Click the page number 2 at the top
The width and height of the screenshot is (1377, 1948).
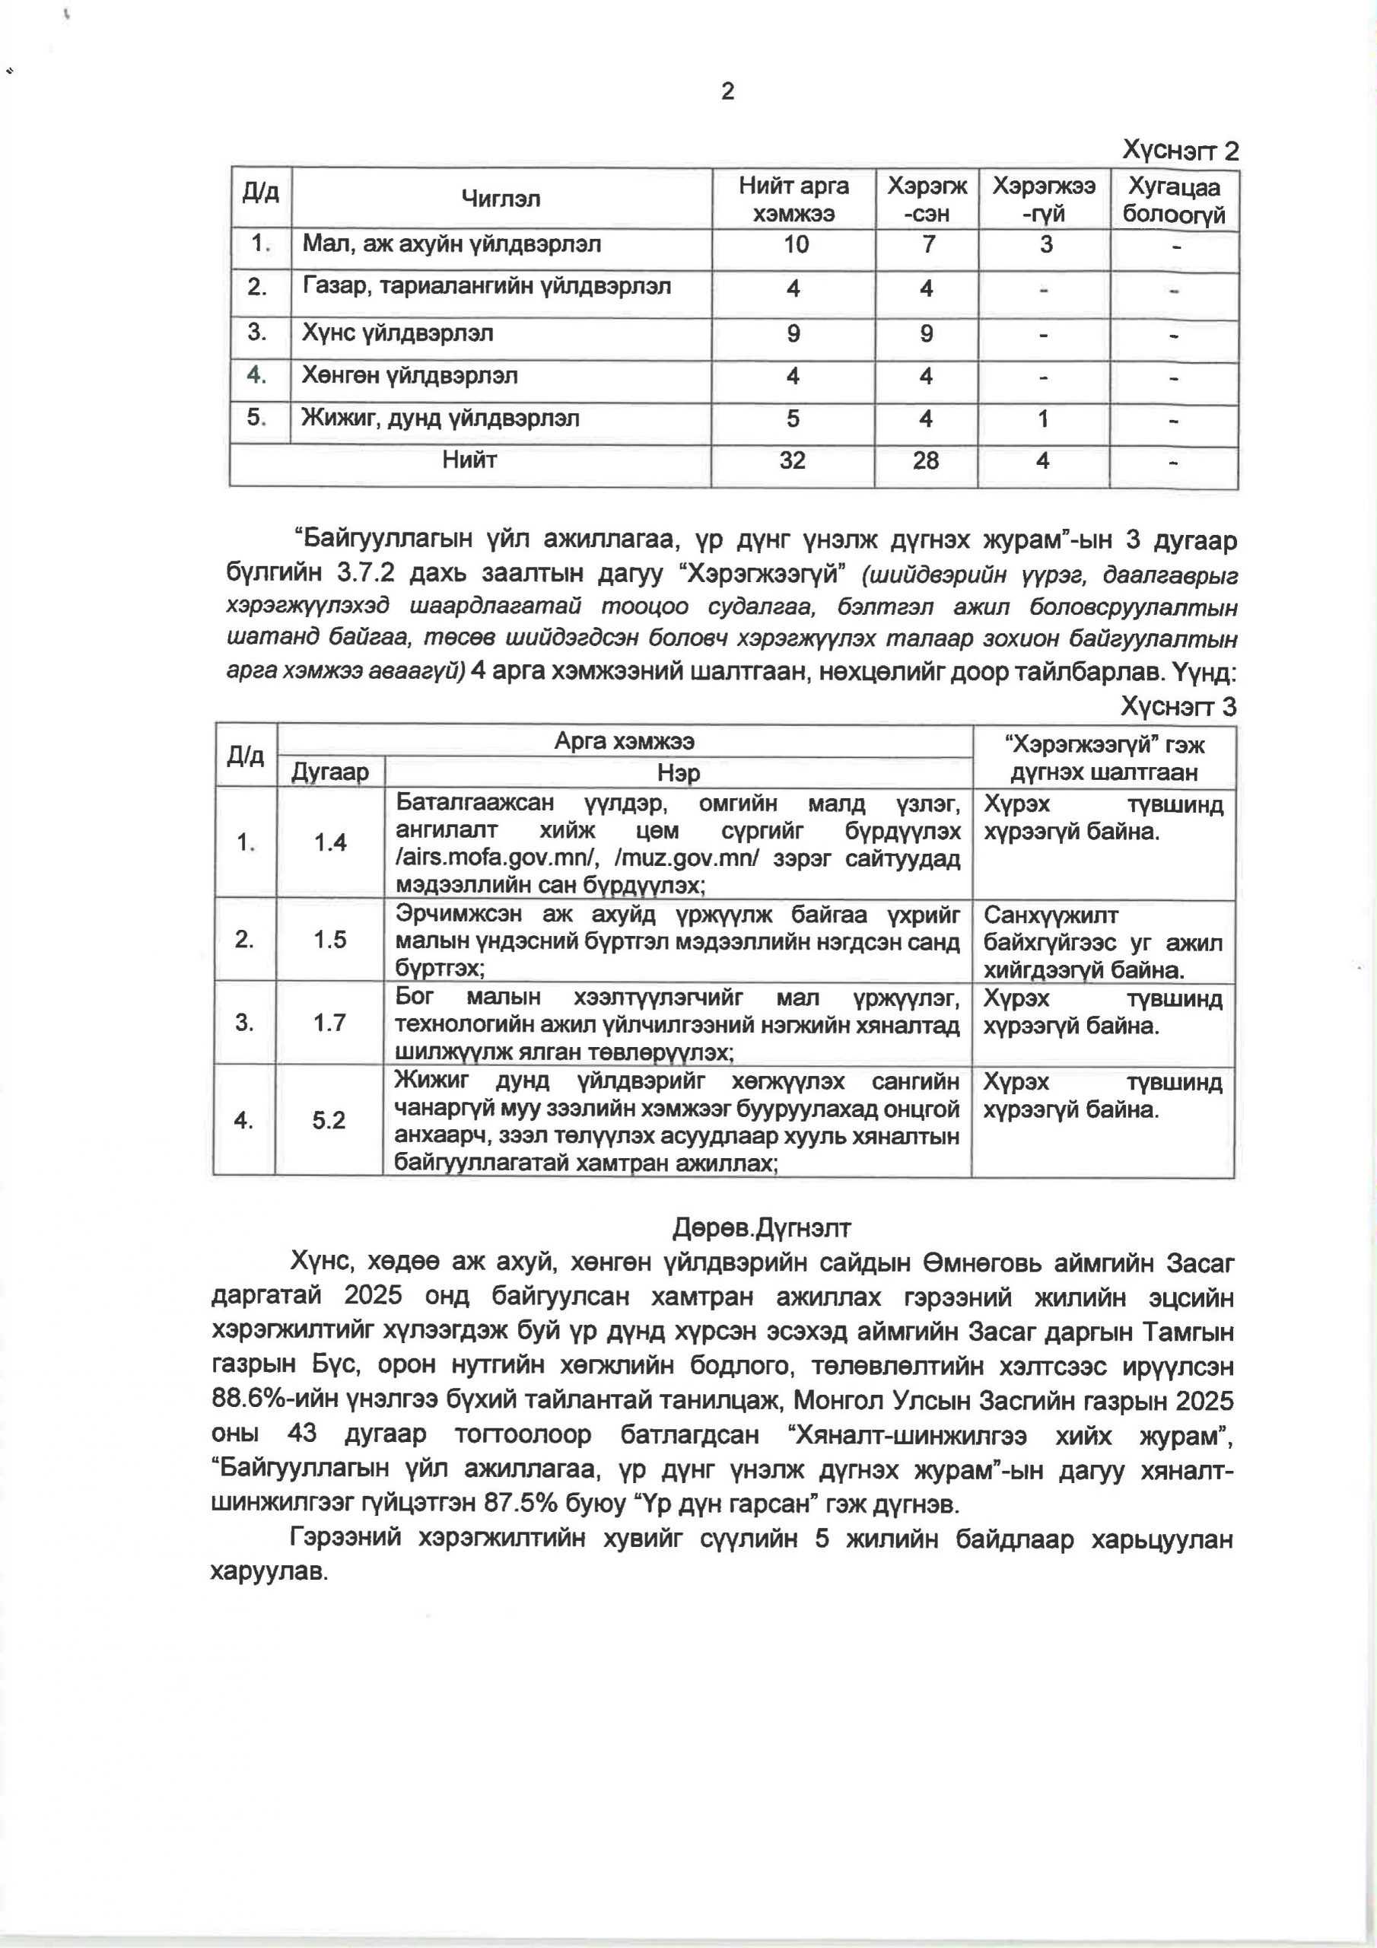tap(727, 91)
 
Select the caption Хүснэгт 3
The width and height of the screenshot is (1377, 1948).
tap(1178, 707)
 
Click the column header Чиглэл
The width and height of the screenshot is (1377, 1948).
tap(501, 199)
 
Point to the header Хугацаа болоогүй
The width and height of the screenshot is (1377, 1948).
tap(1174, 200)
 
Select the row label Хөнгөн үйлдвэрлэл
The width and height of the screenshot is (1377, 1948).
tap(410, 376)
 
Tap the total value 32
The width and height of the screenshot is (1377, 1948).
tap(793, 460)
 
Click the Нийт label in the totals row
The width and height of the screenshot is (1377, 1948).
tap(469, 460)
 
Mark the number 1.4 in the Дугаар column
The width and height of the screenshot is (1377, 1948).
tap(330, 842)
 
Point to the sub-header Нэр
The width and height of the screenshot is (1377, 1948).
tap(679, 773)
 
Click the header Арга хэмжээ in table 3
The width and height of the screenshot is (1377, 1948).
tap(625, 740)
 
